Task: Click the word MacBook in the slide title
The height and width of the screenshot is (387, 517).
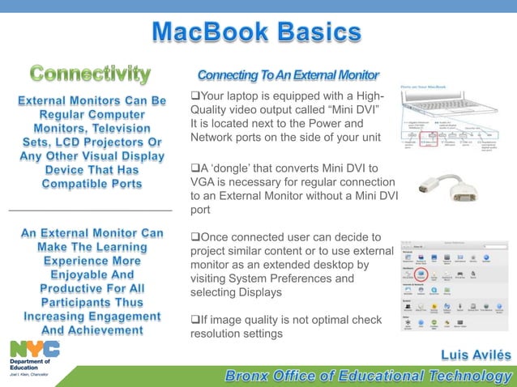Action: tap(209, 33)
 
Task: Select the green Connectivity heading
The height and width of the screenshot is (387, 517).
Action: tap(90, 74)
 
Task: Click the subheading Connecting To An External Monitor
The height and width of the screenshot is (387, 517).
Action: tap(288, 75)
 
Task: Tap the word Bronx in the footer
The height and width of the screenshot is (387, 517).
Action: tap(250, 376)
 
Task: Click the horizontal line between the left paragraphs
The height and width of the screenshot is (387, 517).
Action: tap(90, 211)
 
